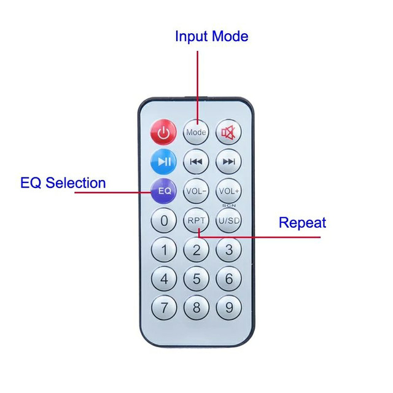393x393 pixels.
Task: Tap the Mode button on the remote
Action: pyautogui.click(x=196, y=132)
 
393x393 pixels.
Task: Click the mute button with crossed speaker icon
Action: pyautogui.click(x=228, y=132)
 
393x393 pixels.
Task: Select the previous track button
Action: pyautogui.click(x=196, y=161)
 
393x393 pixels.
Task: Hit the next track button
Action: pyautogui.click(x=228, y=161)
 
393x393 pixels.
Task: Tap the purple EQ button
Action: pyautogui.click(x=164, y=191)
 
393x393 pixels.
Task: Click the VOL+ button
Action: pyautogui.click(x=228, y=191)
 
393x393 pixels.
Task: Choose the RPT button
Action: pyautogui.click(x=196, y=220)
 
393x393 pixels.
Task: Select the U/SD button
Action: pyautogui.click(x=228, y=220)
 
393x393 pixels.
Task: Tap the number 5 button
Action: pyautogui.click(x=196, y=278)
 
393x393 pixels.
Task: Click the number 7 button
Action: pyautogui.click(x=164, y=308)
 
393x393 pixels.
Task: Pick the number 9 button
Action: pyautogui.click(x=229, y=308)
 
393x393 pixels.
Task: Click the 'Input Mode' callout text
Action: pyautogui.click(x=212, y=36)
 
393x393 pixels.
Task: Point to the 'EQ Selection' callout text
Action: pyautogui.click(x=63, y=183)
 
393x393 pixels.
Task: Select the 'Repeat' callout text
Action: pyautogui.click(x=303, y=222)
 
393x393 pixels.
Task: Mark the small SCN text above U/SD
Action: pyautogui.click(x=229, y=205)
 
